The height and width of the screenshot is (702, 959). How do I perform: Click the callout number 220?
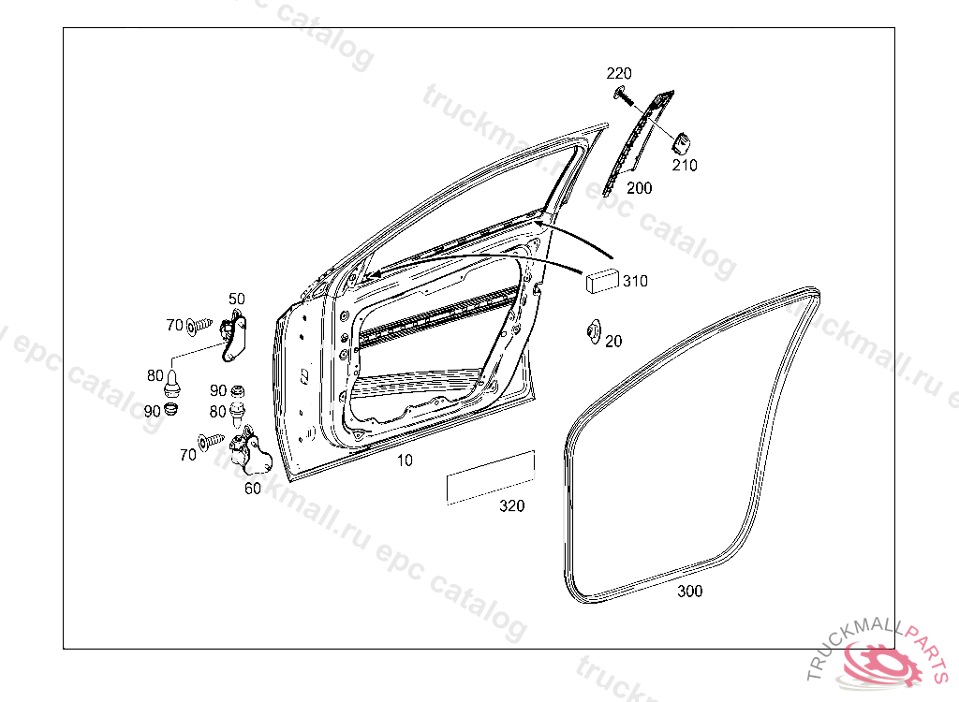tap(618, 73)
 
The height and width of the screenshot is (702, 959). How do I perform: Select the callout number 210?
tap(685, 165)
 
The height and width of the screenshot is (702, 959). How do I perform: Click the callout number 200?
tap(639, 188)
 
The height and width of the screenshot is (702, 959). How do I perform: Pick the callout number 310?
tap(635, 281)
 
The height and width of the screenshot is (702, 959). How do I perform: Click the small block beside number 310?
tap(602, 281)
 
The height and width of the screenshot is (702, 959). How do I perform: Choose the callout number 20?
tap(613, 342)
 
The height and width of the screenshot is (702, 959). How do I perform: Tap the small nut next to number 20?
tap(593, 332)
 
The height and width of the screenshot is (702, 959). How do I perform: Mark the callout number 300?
tap(690, 591)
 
